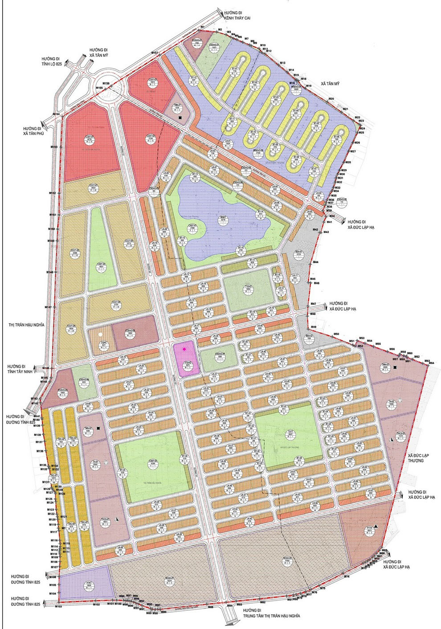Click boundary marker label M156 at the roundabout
click(x=106, y=83)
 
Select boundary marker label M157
click(x=155, y=53)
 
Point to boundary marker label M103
click(x=58, y=606)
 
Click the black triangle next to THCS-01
click(x=116, y=520)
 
